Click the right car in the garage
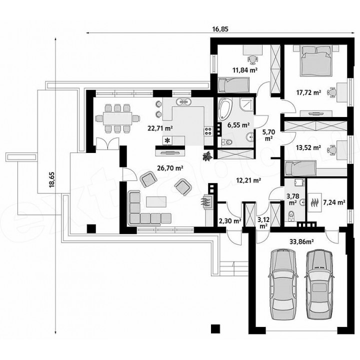[319, 284]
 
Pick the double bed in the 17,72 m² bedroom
[316, 60]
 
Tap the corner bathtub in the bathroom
[225, 109]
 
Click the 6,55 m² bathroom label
[238, 125]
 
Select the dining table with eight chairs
[117, 118]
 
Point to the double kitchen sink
[183, 101]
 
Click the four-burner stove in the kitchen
[208, 131]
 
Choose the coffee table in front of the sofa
[156, 202]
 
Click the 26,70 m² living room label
[170, 168]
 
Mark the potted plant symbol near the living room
[208, 156]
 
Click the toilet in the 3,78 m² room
[291, 215]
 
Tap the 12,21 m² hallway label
[248, 180]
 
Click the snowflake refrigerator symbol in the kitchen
[167, 140]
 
